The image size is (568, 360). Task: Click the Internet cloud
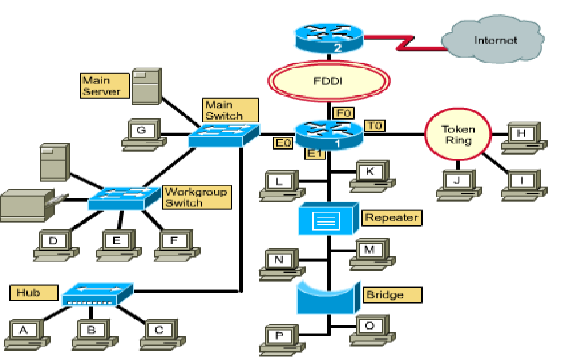494,41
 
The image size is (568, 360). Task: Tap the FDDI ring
329,81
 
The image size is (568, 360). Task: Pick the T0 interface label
375,125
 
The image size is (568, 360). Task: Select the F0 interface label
344,113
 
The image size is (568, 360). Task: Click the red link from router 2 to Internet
403,42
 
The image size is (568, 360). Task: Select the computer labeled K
371,174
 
